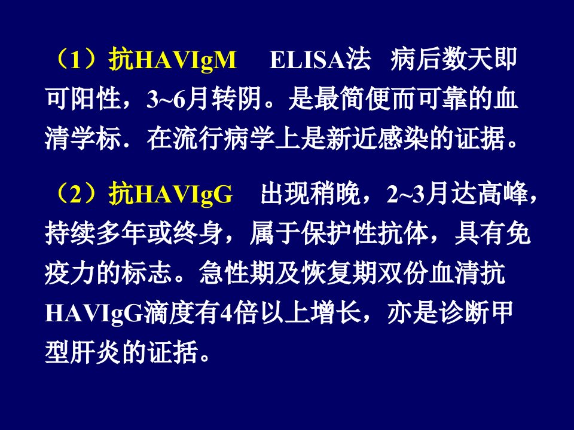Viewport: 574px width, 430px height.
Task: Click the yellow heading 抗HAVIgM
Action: pyautogui.click(x=172, y=60)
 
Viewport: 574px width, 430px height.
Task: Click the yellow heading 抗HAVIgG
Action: pyautogui.click(x=170, y=193)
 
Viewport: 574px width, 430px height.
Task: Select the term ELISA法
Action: pyautogui.click(x=320, y=60)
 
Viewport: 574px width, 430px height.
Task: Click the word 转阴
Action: pyautogui.click(x=237, y=99)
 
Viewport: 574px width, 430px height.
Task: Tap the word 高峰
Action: pyautogui.click(x=503, y=193)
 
